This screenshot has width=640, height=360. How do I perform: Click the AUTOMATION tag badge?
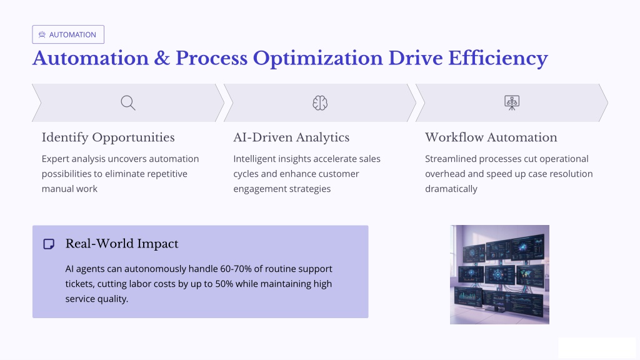click(x=68, y=34)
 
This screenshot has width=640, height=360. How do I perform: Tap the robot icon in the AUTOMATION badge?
click(x=42, y=35)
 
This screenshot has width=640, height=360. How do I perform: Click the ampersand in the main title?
click(x=162, y=58)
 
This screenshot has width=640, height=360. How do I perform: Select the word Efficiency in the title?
click(x=498, y=59)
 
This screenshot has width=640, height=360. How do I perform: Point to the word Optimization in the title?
click(x=317, y=59)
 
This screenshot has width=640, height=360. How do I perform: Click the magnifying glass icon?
click(x=128, y=103)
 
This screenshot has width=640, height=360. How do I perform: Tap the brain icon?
click(x=320, y=103)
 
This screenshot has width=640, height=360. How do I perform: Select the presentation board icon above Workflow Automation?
click(x=512, y=103)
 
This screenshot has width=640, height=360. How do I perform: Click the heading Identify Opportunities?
click(x=108, y=137)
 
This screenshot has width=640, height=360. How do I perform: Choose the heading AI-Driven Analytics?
click(x=291, y=137)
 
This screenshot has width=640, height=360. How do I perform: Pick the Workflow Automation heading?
click(x=491, y=137)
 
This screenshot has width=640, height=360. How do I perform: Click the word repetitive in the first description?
click(x=167, y=174)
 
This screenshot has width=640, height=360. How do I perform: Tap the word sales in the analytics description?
click(x=370, y=159)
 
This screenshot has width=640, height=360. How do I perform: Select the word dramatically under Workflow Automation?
click(x=451, y=189)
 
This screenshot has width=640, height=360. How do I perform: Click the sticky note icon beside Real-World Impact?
click(x=49, y=244)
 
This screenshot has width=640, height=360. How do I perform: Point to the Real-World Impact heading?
click(x=122, y=244)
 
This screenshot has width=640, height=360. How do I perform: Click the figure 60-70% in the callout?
click(x=236, y=269)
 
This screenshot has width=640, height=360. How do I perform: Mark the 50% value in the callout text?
click(x=224, y=284)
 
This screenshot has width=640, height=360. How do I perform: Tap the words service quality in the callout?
click(x=97, y=299)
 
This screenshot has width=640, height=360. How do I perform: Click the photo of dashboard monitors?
click(x=499, y=275)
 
